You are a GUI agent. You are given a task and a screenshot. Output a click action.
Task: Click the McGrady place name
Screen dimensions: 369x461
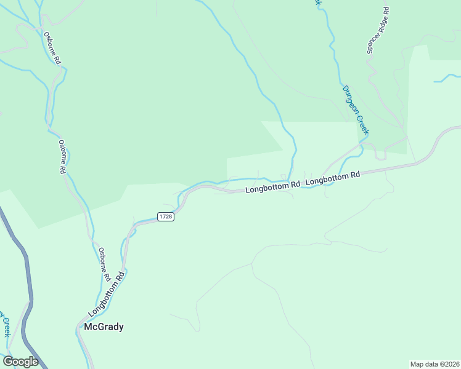pos(104,327)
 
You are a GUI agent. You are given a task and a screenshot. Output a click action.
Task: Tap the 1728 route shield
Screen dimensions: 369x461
pos(165,217)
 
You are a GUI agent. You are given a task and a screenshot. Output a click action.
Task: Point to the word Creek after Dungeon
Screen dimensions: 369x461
pos(363,125)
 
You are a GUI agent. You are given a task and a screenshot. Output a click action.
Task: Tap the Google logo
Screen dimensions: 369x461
pos(20,362)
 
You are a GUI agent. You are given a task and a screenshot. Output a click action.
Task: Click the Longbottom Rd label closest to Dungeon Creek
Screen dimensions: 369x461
pos(332,178)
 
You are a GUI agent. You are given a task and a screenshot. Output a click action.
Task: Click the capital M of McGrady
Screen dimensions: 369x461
pos(88,327)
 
